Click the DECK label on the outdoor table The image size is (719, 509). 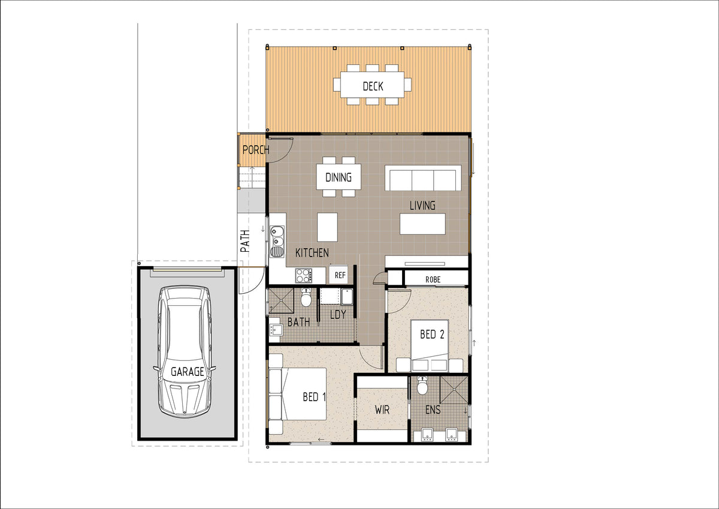(373, 86)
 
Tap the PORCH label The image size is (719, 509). (256, 150)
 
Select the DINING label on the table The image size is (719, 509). (339, 177)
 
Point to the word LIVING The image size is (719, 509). (422, 206)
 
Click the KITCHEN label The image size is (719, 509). (312, 253)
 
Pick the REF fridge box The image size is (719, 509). (339, 275)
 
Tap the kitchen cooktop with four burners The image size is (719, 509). (303, 276)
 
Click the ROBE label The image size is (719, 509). (433, 280)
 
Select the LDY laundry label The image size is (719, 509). (338, 314)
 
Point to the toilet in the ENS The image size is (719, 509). (422, 385)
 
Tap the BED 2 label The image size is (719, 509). (432, 335)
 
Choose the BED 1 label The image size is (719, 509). (314, 397)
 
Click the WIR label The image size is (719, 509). (382, 409)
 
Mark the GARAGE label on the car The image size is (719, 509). (188, 372)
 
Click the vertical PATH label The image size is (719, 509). (245, 241)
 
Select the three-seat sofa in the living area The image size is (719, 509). (423, 179)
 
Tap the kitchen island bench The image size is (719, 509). (327, 227)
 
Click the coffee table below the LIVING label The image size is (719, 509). (422, 224)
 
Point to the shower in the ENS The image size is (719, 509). (454, 390)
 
